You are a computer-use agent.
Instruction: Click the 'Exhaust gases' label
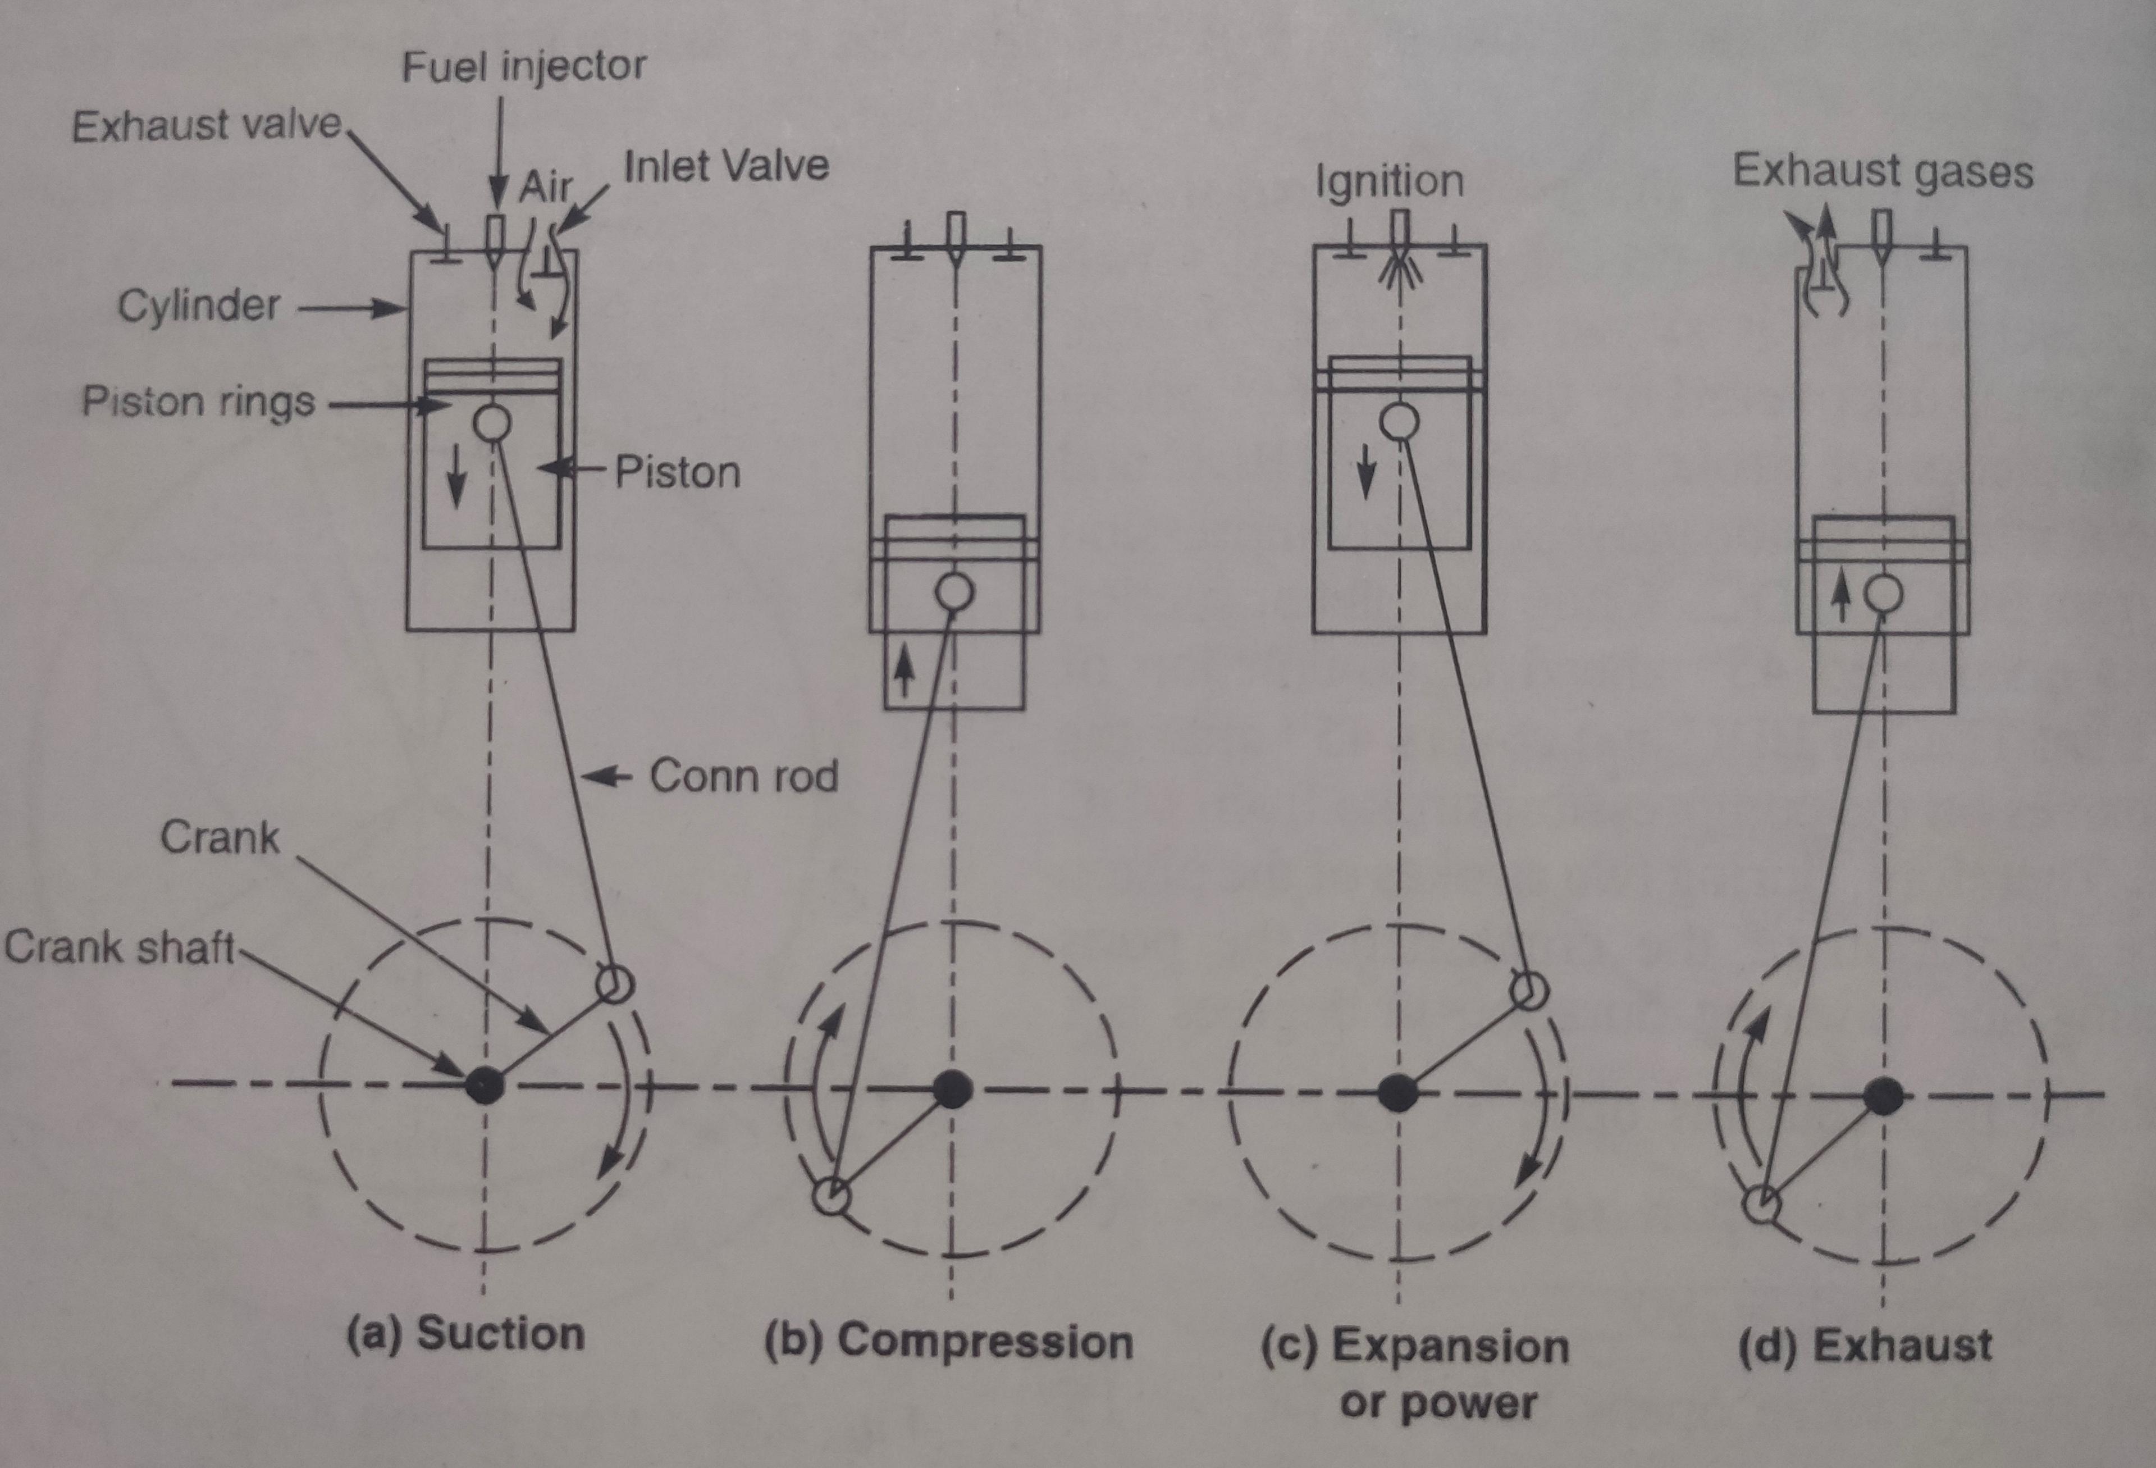1883,172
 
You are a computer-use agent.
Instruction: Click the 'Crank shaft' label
118,947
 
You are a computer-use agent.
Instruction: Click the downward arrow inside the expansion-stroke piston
1365,473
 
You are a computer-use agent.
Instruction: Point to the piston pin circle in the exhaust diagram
1883,594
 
